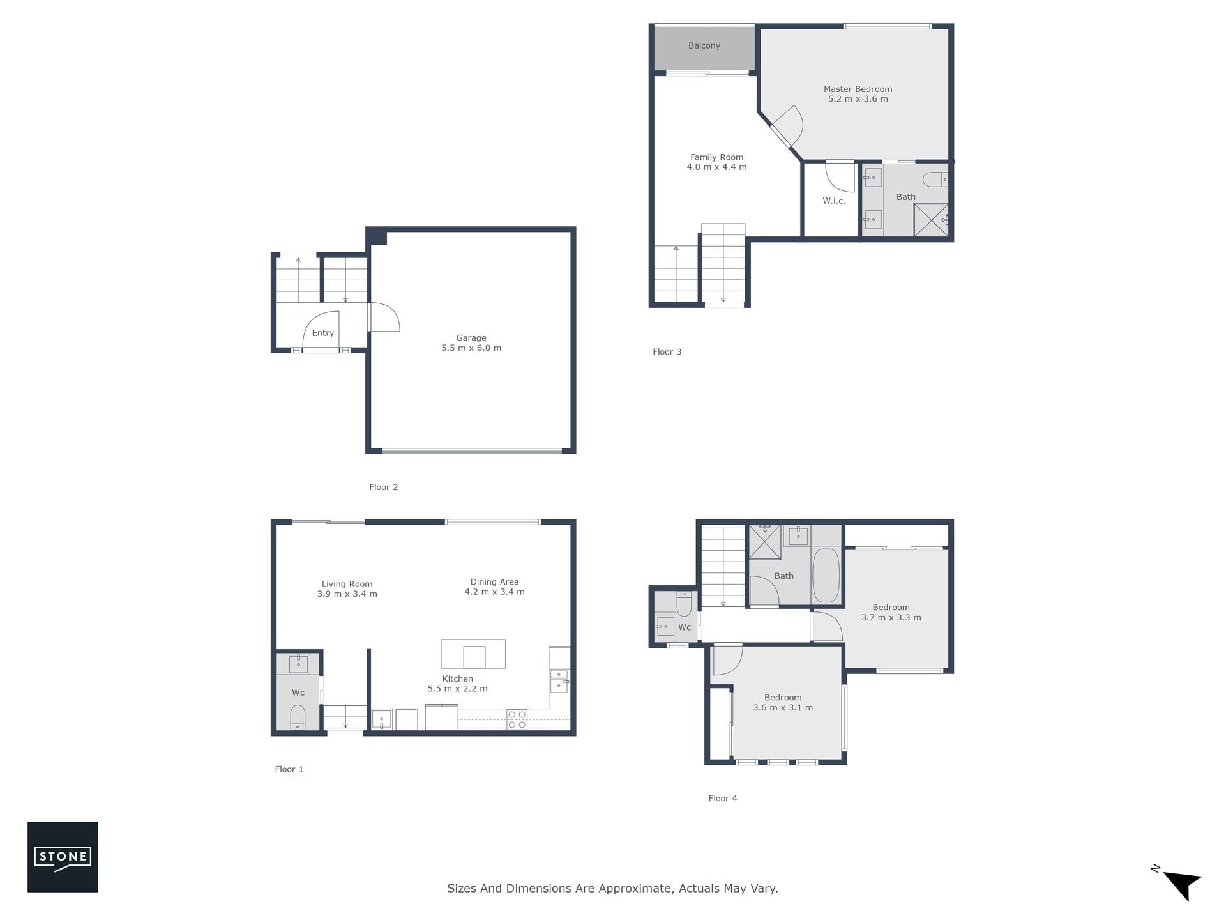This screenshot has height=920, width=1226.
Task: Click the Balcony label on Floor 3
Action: (704, 45)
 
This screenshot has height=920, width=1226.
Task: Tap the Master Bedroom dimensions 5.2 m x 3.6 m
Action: (858, 99)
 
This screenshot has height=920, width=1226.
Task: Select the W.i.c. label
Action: (833, 201)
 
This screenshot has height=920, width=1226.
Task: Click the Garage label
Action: (471, 338)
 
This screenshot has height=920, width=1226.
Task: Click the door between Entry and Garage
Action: (383, 317)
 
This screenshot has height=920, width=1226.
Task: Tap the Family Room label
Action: (716, 157)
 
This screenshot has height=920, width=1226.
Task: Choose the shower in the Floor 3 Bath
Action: (931, 220)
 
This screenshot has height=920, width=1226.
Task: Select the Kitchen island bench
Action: (473, 654)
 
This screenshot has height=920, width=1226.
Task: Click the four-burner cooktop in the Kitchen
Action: (517, 719)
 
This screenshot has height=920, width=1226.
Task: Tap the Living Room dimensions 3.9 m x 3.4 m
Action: (347, 594)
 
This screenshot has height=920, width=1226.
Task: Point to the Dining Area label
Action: (494, 582)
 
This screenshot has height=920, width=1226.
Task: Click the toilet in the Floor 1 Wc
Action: (298, 717)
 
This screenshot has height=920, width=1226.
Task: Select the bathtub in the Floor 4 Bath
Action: (826, 575)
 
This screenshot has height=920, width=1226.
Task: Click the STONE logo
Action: (63, 857)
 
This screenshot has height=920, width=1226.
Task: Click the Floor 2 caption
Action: (383, 487)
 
